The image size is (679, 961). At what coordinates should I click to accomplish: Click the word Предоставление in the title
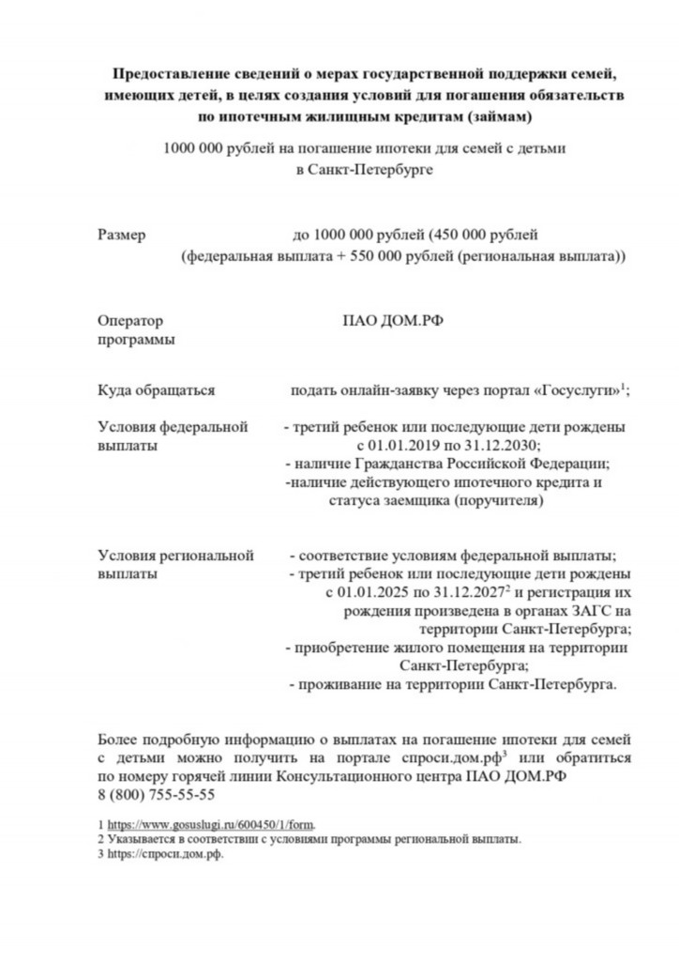(168, 73)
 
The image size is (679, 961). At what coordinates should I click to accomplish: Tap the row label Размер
(122, 236)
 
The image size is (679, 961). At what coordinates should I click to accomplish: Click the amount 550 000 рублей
(393, 255)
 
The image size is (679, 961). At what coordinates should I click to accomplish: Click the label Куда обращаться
(157, 391)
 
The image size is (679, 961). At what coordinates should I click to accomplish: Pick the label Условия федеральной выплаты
(173, 436)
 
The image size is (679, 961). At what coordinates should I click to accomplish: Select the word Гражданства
(404, 465)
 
